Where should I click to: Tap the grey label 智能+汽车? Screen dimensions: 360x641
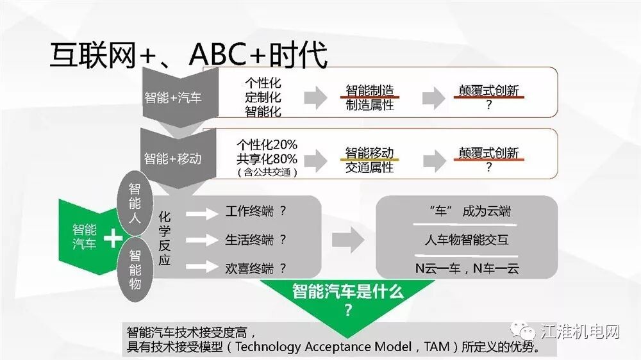172,98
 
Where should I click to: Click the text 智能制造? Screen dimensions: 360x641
369,90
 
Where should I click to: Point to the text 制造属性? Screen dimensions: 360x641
369,105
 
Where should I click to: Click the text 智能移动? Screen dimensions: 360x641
369,152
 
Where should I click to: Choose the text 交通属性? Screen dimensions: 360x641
369,167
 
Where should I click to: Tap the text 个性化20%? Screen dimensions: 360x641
267,145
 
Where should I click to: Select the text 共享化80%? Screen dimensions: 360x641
267,159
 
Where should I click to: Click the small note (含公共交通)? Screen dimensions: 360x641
267,172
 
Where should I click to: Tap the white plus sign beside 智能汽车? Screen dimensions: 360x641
113,238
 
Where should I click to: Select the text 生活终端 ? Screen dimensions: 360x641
255,240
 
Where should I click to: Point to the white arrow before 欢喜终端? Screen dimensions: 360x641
202,268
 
